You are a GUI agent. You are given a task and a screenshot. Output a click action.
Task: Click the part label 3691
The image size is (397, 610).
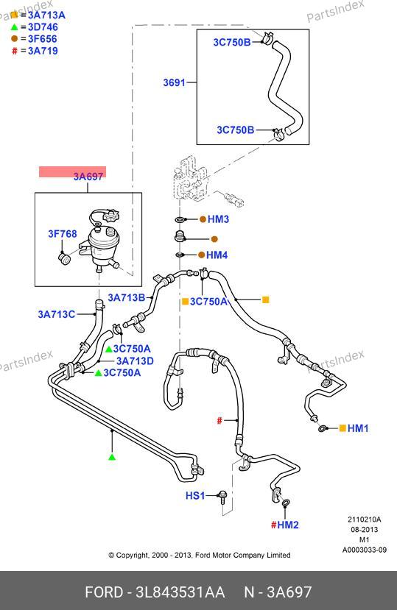pos(174,82)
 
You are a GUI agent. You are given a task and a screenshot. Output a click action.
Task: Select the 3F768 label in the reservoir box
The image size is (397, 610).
pos(63,234)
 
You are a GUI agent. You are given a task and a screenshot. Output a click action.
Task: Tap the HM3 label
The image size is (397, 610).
pos(218,219)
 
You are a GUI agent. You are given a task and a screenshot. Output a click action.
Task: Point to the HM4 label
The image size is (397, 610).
pos(217,255)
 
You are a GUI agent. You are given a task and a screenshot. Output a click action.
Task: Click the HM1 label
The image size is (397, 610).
pos(358,428)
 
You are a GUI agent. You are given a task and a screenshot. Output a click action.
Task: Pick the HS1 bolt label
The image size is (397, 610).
pos(195,496)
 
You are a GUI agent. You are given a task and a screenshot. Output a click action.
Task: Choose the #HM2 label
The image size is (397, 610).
pos(285,525)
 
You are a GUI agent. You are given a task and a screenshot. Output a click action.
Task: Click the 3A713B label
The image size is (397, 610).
pos(126,297)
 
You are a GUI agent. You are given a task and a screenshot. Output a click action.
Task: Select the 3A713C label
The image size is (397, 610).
pos(56,314)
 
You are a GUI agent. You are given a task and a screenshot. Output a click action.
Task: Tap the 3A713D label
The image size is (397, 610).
pos(135,361)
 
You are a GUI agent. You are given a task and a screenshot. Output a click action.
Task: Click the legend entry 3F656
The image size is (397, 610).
pos(43,39)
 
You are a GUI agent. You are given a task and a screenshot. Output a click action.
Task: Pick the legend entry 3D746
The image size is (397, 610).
pos(43,27)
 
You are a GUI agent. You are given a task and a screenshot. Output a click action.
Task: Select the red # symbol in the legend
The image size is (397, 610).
pos(15,51)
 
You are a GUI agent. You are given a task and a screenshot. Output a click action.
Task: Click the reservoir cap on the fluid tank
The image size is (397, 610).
pos(111,216)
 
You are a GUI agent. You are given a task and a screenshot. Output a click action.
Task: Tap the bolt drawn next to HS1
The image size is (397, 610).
pos(222,497)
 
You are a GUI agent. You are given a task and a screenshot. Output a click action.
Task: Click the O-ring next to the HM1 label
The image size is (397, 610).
pos(323,429)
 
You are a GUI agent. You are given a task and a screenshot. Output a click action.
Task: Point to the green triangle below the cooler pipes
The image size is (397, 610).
pos(112,457)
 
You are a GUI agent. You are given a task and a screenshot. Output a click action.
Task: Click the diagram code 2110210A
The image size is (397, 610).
pos(365,519)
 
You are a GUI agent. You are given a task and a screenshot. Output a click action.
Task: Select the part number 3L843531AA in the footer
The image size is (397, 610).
pos(180,592)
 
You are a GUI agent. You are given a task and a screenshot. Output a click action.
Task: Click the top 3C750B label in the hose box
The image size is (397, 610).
pos(232,43)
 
